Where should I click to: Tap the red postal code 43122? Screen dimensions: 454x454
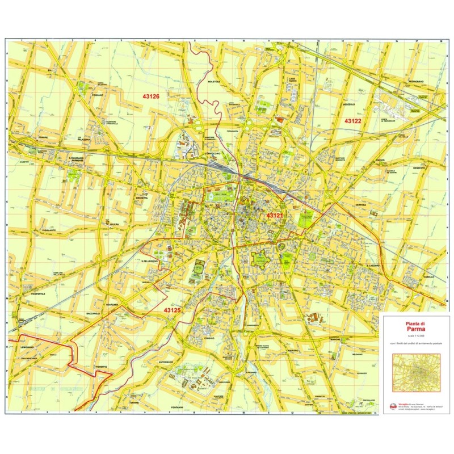point(354,121)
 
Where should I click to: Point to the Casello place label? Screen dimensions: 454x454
point(427,276)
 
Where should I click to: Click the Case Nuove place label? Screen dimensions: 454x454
point(293,80)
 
